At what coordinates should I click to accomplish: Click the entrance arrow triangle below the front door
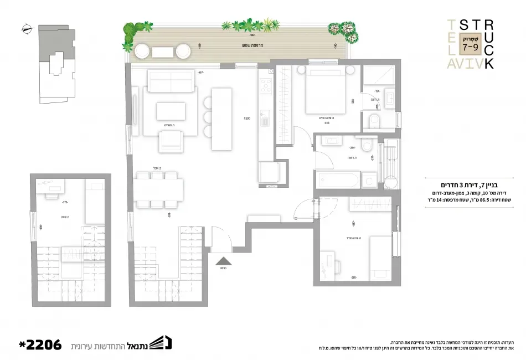223,260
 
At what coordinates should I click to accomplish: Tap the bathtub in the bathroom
336,179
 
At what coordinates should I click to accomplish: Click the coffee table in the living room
171,111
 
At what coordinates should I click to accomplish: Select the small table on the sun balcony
163,52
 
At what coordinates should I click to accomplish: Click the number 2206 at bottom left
39,344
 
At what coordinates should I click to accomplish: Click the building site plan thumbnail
55,64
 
